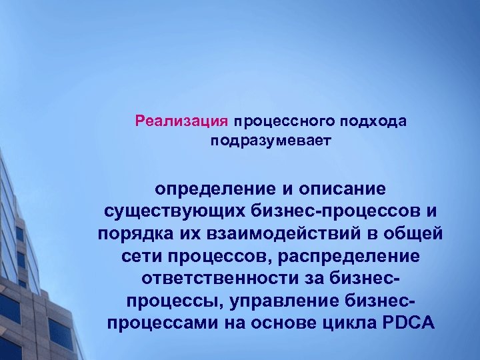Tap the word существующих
[175, 212]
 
